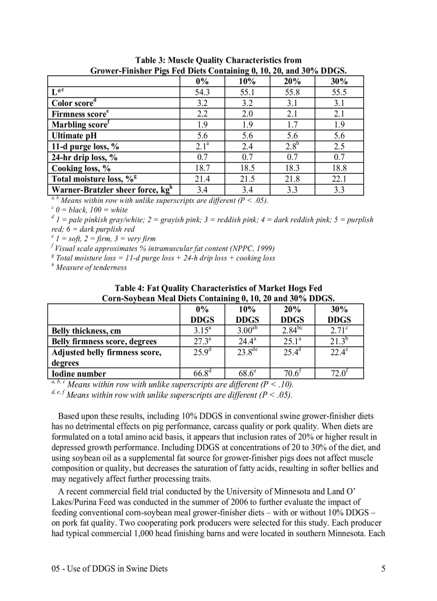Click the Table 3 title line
[x=218, y=60]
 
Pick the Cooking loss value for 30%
[x=340, y=168]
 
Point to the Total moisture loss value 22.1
[x=340, y=179]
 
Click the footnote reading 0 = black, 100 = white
[x=91, y=210]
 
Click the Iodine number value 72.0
[x=340, y=374]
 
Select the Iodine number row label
[x=79, y=374]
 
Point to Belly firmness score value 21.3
[x=340, y=341]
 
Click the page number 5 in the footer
[x=383, y=569]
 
